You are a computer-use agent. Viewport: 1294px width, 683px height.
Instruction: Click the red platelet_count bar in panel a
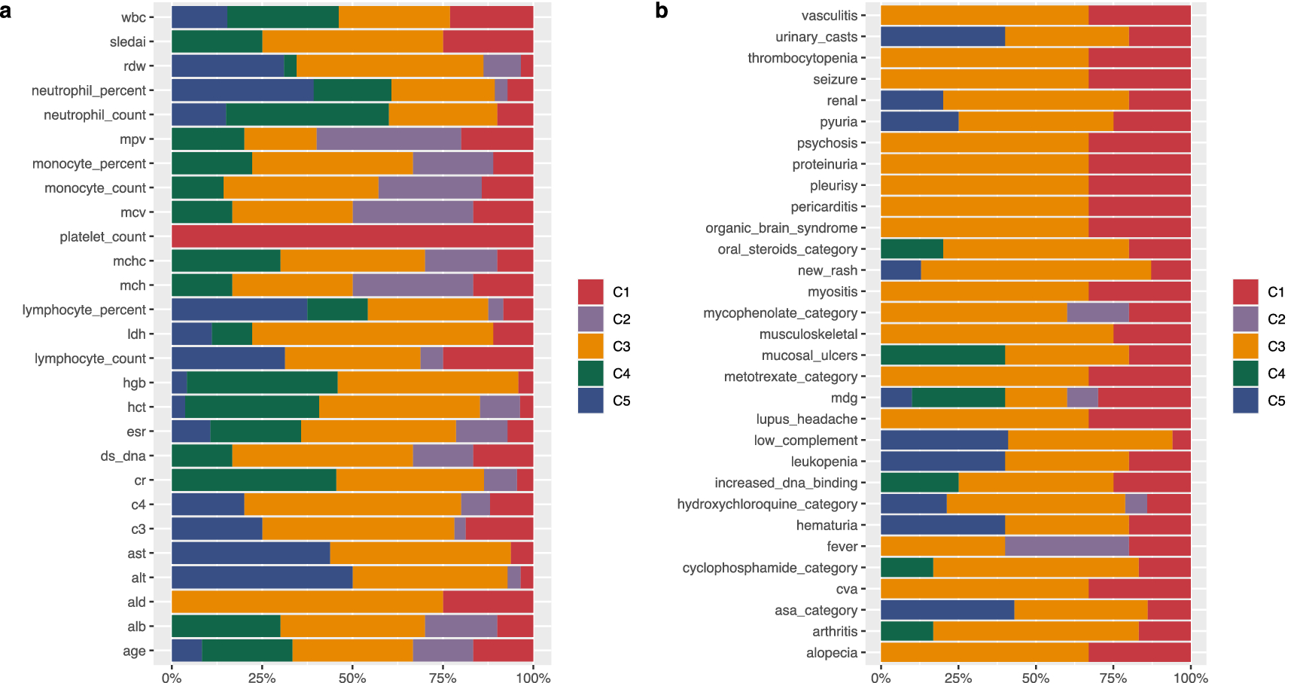click(x=352, y=236)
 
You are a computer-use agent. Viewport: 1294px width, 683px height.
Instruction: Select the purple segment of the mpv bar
click(x=388, y=139)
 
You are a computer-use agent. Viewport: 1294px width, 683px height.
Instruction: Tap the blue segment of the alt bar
click(x=262, y=578)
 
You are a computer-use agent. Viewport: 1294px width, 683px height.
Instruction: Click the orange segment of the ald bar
click(x=307, y=602)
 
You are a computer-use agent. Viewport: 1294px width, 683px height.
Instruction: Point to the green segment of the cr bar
click(x=254, y=480)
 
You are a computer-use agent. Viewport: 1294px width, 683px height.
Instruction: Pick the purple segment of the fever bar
click(x=1067, y=546)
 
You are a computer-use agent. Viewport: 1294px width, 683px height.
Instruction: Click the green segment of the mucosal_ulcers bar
click(x=942, y=355)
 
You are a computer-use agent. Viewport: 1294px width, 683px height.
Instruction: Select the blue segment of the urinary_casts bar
click(x=942, y=37)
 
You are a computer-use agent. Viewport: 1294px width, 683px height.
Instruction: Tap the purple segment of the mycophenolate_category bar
click(x=1098, y=313)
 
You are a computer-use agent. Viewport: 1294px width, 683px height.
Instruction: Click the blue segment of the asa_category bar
click(x=947, y=610)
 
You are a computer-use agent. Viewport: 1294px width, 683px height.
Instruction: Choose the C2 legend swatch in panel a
click(x=590, y=319)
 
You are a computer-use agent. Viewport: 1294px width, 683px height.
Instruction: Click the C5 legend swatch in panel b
click(x=1245, y=401)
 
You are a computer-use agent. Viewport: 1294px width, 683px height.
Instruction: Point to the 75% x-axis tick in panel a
click(x=443, y=678)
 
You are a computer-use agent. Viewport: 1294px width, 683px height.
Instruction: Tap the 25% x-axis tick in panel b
click(x=958, y=678)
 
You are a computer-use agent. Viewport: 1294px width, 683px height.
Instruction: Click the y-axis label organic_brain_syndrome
click(x=781, y=228)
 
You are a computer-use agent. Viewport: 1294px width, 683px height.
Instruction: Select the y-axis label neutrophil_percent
click(x=89, y=90)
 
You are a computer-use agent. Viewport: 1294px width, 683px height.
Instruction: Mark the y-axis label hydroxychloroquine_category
click(x=766, y=504)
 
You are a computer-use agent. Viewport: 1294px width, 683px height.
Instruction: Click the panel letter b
click(x=661, y=11)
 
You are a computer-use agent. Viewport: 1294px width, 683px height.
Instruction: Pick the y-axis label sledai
click(x=127, y=42)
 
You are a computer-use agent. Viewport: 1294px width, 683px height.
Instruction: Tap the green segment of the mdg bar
click(x=958, y=398)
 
